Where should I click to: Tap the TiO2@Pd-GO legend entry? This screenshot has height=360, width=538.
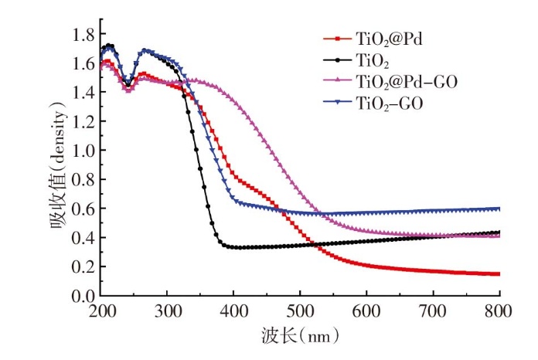(x=407, y=80)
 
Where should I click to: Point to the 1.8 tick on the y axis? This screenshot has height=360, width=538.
(x=83, y=34)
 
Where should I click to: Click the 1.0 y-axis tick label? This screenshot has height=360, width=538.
(x=83, y=150)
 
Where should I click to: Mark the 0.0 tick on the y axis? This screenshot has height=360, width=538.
(x=83, y=295)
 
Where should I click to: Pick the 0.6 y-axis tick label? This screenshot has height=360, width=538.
(x=83, y=209)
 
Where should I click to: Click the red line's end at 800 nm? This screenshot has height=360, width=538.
(x=499, y=273)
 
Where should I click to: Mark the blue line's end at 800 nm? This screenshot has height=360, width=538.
(x=499, y=209)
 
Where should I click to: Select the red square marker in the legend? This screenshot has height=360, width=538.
(x=335, y=37)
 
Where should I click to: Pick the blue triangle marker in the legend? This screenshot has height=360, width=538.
(x=335, y=102)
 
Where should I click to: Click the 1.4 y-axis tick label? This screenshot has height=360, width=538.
(x=83, y=92)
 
